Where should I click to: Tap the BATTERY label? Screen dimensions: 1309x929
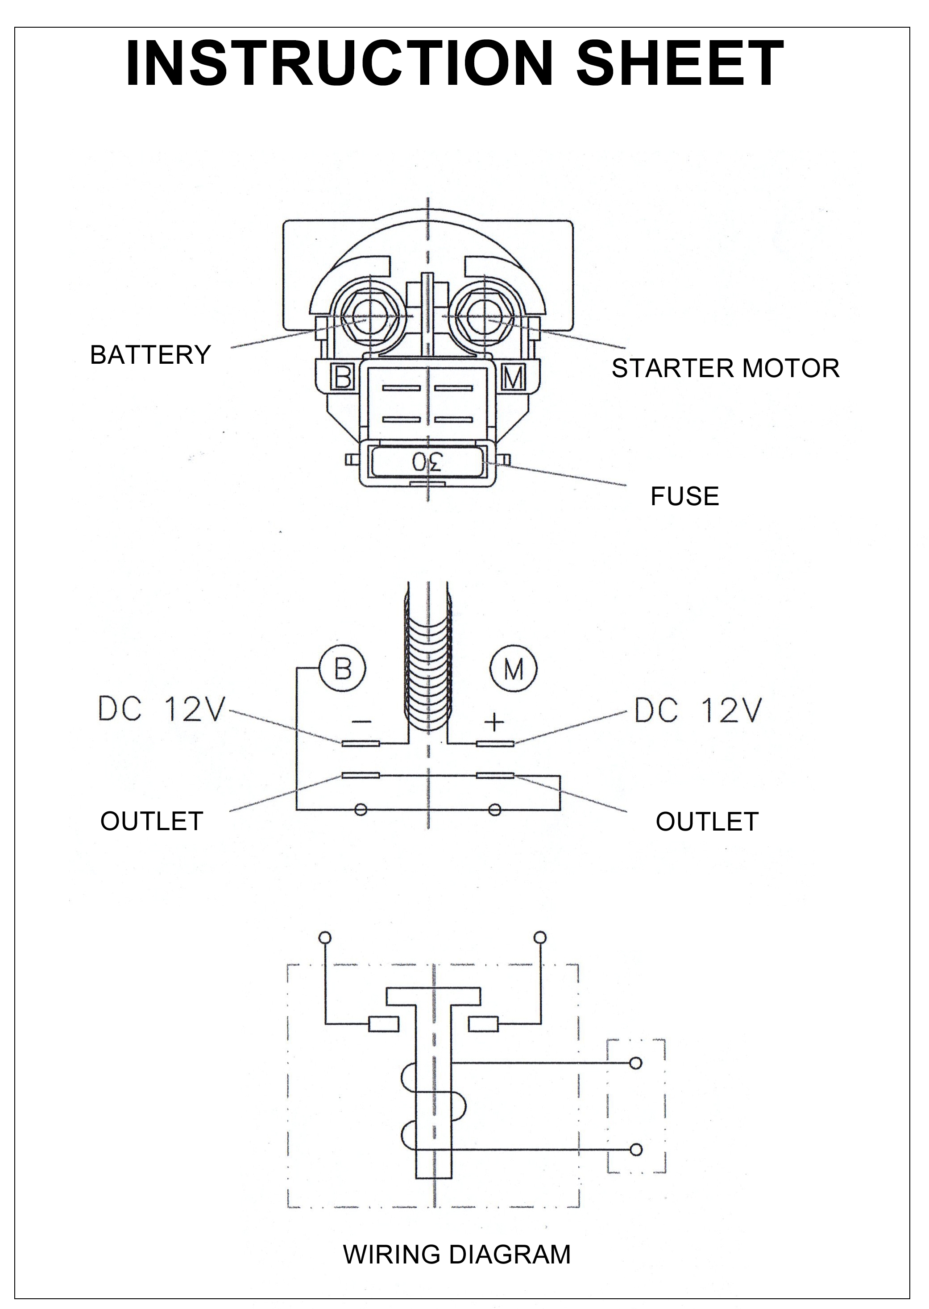pos(150,355)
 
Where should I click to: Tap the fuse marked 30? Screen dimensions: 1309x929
pos(427,461)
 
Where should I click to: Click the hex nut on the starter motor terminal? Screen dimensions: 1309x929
pos(485,316)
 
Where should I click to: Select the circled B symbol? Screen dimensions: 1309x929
pos(342,668)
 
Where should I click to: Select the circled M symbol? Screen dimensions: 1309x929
pos(513,668)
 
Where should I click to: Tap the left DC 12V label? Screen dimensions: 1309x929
pos(162,710)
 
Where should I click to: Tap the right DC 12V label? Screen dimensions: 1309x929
pos(698,710)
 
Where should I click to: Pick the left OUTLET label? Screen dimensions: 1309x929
pos(152,822)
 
